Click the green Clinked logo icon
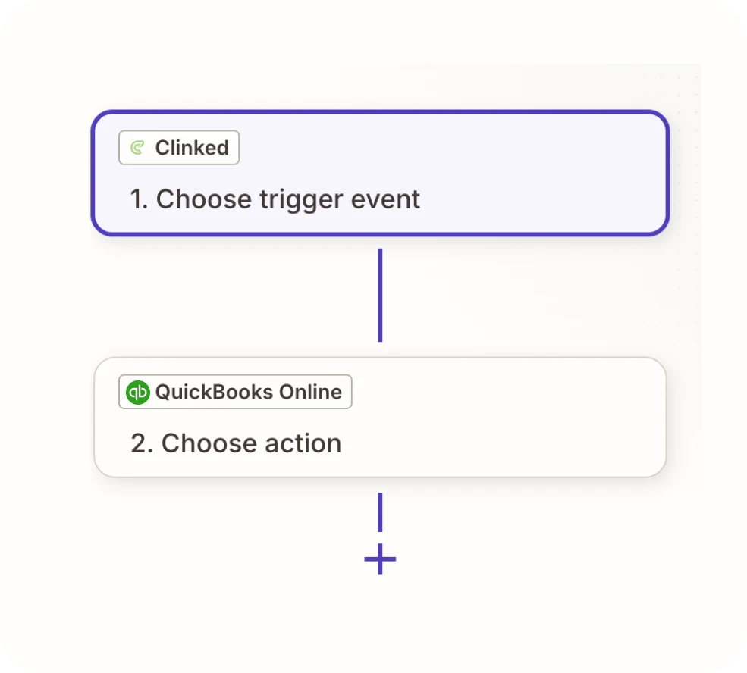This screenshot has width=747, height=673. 137,148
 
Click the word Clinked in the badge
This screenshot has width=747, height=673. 192,148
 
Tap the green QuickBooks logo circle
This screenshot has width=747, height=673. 138,392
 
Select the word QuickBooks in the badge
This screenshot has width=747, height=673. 215,392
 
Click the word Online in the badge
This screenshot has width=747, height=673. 311,392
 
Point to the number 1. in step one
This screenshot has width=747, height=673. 139,199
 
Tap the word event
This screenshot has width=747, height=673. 385,199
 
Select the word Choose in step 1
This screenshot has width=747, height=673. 204,199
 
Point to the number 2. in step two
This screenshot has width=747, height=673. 142,443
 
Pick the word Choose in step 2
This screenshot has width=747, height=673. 209,443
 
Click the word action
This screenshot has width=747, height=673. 303,443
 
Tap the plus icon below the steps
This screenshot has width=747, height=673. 380,559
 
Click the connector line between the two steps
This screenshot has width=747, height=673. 380,295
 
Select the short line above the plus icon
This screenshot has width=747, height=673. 380,512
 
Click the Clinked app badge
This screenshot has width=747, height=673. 179,148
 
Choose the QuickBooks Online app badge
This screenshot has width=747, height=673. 235,392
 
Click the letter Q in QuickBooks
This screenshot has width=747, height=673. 163,393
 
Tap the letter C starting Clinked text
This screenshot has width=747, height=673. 163,148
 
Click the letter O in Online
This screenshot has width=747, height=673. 287,392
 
